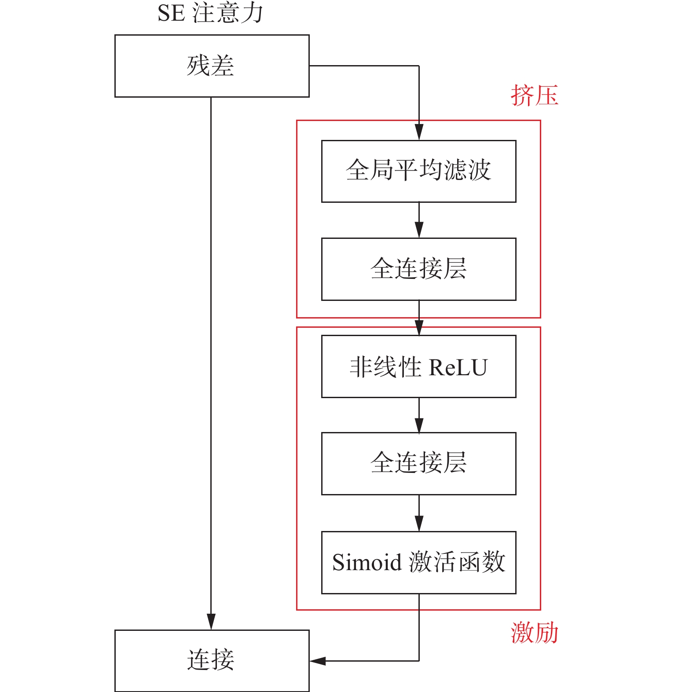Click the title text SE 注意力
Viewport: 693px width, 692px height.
210,13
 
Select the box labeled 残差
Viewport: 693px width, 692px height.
212,66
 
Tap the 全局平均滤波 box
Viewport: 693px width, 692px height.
418,171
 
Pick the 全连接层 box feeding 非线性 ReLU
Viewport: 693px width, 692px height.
418,269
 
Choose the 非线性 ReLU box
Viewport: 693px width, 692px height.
418,366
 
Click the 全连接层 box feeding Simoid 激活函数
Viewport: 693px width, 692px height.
418,464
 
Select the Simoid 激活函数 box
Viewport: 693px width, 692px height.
418,562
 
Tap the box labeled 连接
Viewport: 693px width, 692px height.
212,660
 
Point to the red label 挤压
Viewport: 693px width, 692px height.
534,95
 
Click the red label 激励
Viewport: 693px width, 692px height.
534,633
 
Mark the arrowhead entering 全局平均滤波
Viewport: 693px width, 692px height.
419,132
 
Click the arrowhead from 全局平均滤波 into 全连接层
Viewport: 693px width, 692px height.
419,230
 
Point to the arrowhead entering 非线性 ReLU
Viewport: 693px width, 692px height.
419,328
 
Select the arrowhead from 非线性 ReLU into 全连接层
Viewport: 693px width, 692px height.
419,425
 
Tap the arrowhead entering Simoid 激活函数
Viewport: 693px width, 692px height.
419,524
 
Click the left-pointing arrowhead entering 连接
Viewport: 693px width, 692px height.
318,661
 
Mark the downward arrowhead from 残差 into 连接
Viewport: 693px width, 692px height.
211,622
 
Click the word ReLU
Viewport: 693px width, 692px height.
458,367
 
